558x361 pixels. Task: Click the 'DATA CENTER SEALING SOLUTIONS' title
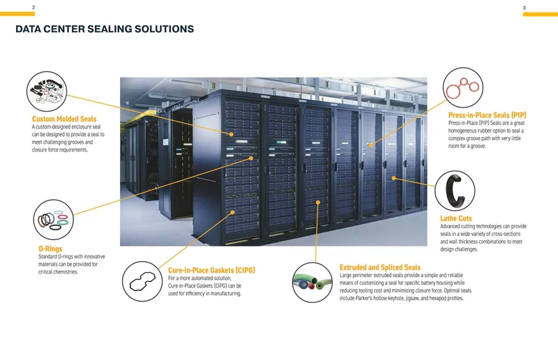(x=105, y=29)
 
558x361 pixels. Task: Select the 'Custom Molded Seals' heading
(x=64, y=119)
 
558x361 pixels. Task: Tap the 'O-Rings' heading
(x=50, y=249)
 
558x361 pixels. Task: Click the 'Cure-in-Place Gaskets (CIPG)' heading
(x=211, y=270)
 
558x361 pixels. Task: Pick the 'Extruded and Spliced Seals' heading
(x=379, y=267)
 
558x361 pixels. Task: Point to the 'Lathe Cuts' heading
(x=456, y=218)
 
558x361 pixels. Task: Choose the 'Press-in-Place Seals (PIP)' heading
(x=487, y=115)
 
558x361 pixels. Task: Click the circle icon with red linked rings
(x=462, y=88)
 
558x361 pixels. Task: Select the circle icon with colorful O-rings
(x=54, y=219)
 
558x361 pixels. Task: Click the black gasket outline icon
(x=142, y=281)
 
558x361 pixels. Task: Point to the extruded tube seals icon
(x=312, y=283)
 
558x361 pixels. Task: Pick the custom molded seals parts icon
(x=47, y=91)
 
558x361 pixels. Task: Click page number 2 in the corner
(x=33, y=7)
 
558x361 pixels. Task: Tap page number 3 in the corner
(x=524, y=8)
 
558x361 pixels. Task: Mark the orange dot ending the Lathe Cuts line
(x=393, y=178)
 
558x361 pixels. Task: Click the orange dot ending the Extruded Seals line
(x=318, y=202)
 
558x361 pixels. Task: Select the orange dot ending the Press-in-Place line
(x=370, y=145)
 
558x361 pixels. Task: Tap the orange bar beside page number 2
(x=17, y=14)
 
